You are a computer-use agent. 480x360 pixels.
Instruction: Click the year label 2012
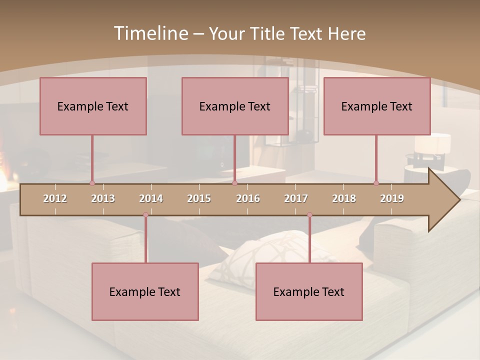(x=55, y=198)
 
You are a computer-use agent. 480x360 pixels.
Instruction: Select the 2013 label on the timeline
(x=103, y=198)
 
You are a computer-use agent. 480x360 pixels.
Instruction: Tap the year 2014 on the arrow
(x=151, y=198)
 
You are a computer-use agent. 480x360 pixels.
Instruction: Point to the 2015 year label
(x=199, y=198)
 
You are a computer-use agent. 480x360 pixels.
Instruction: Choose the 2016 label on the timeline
(x=248, y=198)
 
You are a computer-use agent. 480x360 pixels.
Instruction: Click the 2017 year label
(x=296, y=198)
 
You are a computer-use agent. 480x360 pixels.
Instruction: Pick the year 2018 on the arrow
(x=344, y=198)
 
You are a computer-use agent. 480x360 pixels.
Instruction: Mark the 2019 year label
(x=392, y=198)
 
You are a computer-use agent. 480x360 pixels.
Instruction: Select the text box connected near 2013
(x=93, y=106)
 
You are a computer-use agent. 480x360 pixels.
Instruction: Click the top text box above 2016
(x=235, y=106)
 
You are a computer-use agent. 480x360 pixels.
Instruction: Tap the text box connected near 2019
(x=377, y=106)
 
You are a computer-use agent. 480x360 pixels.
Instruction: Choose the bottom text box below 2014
(x=145, y=291)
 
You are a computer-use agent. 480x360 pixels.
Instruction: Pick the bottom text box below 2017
(x=309, y=291)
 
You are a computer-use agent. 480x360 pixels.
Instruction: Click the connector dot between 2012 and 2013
(x=92, y=183)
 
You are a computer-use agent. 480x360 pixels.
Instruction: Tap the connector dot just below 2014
(x=145, y=214)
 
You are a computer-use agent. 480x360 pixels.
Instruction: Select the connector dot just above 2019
(x=376, y=183)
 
